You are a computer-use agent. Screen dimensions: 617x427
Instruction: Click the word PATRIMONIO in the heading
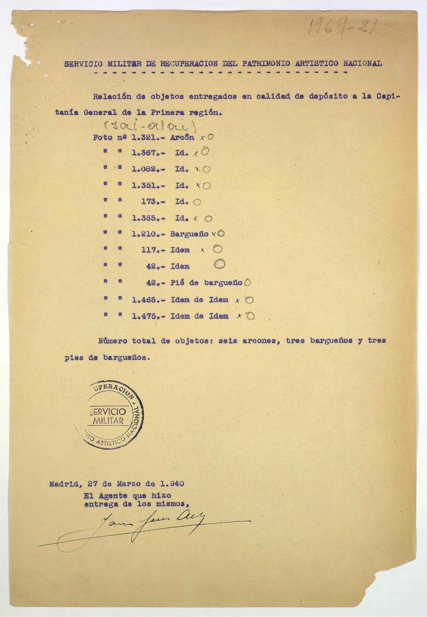(x=266, y=64)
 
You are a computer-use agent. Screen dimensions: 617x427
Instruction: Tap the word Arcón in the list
(x=182, y=137)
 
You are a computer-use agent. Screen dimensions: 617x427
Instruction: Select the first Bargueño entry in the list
(x=189, y=234)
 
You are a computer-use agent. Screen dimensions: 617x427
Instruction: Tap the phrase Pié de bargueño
(x=206, y=283)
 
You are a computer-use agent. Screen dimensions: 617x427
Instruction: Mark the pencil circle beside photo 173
(x=197, y=202)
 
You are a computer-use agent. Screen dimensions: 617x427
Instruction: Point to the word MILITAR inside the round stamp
(x=108, y=421)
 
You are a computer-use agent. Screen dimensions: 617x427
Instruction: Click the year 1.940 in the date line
(x=172, y=484)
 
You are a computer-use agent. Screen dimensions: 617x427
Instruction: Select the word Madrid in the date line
(x=63, y=484)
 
